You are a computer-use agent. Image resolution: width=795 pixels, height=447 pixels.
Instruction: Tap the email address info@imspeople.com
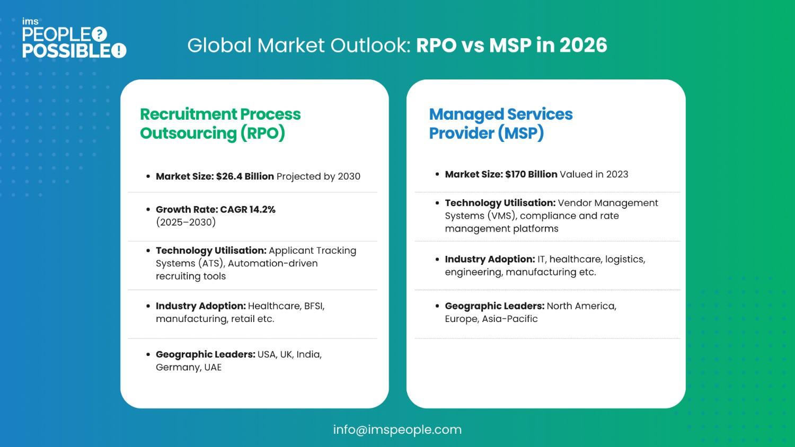397,430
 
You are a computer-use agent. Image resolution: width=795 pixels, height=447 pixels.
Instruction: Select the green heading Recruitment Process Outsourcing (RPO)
220,123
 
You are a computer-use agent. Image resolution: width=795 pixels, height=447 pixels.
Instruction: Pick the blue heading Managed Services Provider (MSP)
500,123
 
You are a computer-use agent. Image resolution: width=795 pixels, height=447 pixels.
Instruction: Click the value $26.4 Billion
245,176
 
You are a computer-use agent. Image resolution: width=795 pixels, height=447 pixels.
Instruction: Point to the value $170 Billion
531,174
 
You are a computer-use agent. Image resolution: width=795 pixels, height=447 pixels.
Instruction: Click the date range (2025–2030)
185,222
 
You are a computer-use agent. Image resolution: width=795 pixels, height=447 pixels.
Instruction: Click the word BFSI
314,306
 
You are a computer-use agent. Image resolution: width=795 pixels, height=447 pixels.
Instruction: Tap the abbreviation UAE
213,368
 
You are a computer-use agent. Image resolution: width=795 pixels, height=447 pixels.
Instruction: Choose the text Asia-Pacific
510,319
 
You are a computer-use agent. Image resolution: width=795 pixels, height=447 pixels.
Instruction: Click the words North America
581,306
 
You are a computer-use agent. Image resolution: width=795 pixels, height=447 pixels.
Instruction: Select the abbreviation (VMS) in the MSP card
502,216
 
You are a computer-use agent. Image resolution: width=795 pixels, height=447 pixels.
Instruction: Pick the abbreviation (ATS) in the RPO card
211,264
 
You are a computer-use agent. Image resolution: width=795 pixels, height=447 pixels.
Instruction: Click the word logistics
625,260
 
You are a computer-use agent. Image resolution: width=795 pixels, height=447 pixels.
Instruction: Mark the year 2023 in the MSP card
616,174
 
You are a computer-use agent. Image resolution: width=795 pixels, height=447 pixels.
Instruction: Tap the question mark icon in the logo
99,34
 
